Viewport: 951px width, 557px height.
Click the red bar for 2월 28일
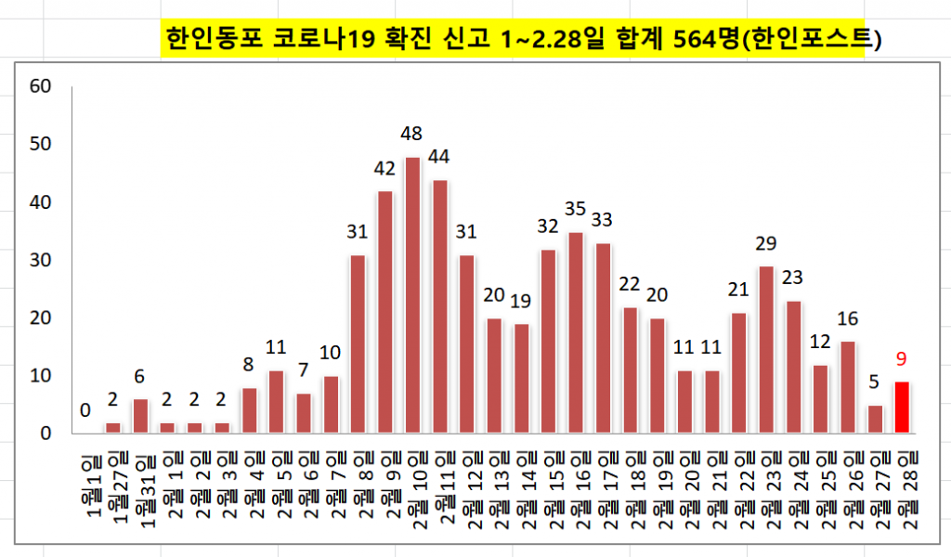click(x=901, y=408)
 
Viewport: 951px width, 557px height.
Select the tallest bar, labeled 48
click(x=412, y=295)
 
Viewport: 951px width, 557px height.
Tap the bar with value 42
click(x=385, y=312)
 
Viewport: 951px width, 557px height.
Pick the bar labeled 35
click(x=576, y=332)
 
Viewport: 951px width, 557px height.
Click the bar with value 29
click(x=766, y=350)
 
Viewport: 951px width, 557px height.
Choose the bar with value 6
click(x=140, y=416)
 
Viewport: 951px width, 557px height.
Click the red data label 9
click(x=901, y=356)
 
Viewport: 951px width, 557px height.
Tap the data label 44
click(x=439, y=156)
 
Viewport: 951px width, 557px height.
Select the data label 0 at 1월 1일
click(x=85, y=409)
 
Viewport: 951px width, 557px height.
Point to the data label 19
click(x=521, y=301)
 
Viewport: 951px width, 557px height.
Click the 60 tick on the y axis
click(x=40, y=86)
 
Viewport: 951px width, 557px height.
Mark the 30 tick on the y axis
click(x=40, y=260)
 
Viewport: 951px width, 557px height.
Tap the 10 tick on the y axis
click(x=40, y=376)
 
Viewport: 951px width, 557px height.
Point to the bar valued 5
click(x=874, y=419)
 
